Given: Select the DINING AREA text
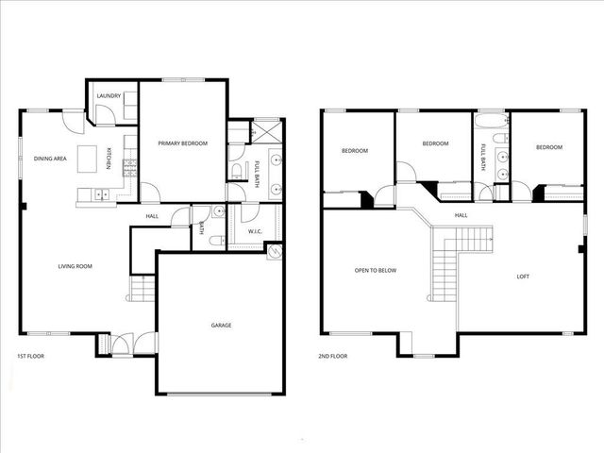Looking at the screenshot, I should coord(50,159).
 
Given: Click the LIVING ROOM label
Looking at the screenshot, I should coord(75,267).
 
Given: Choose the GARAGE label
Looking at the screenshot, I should coord(221,325).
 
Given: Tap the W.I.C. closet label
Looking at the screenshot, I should coord(255,231).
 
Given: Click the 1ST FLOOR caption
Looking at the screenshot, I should coord(31,356).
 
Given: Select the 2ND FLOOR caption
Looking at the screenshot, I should coord(334,356).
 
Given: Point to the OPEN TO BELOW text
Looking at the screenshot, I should coord(376,271).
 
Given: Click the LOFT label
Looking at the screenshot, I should coord(523,277).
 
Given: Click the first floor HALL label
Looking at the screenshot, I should coord(152,216).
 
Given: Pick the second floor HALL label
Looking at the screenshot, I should coord(461,216).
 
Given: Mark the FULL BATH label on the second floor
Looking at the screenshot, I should coord(483,156).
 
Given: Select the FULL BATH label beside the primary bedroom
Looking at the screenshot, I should coord(258,173).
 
